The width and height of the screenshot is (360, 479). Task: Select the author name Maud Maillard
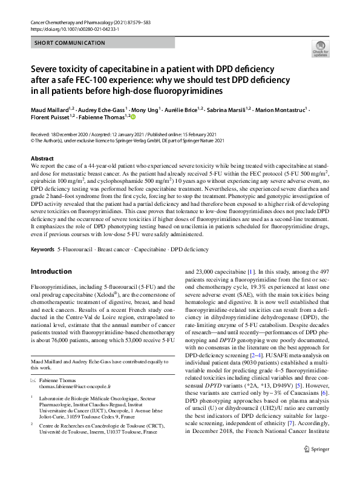click(50, 110)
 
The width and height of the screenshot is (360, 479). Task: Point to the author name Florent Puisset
click(50, 117)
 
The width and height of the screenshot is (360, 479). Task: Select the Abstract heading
click(42, 158)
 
